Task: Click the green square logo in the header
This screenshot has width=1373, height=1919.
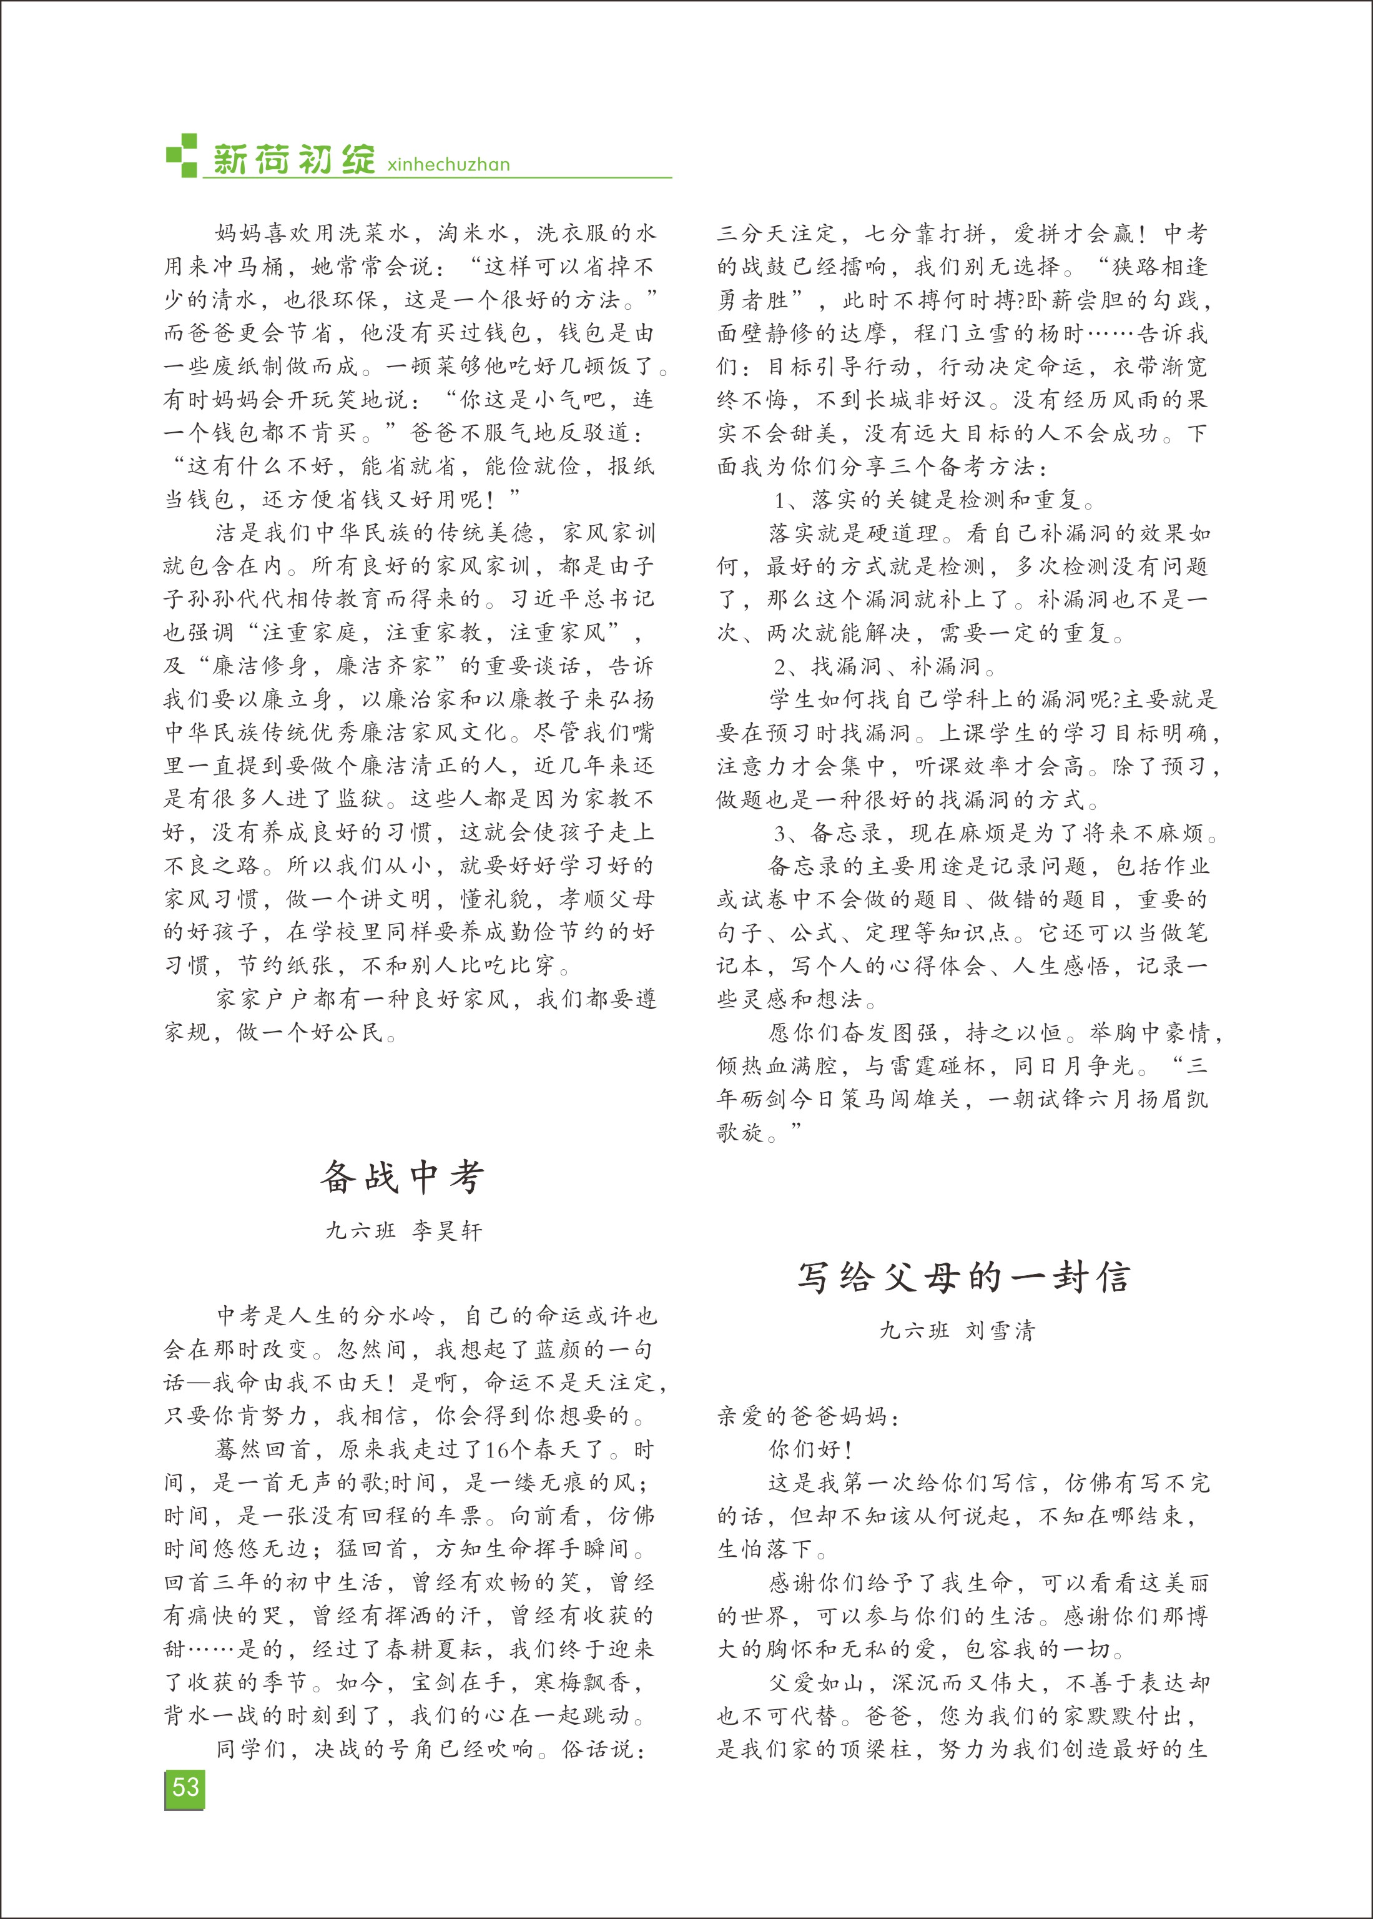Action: (181, 155)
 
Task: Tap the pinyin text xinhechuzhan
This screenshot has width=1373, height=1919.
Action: (448, 165)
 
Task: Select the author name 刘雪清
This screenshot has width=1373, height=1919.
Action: (1000, 1331)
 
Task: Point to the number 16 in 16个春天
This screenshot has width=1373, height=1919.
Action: (497, 1451)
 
